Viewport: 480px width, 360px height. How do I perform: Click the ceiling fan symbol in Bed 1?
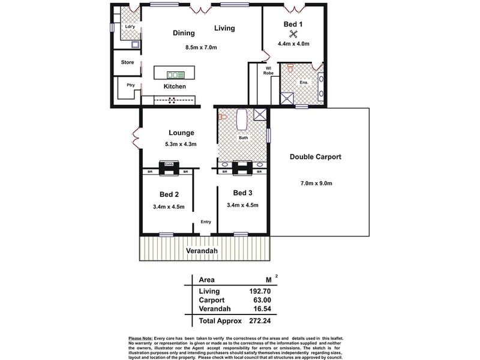point(293,34)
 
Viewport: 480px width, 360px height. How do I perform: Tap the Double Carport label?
point(316,157)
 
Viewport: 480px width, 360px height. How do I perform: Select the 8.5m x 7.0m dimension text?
point(201,47)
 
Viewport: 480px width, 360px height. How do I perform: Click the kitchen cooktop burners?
point(172,100)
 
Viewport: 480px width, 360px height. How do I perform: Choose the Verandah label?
point(202,251)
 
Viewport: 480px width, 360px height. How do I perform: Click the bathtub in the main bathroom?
point(242,119)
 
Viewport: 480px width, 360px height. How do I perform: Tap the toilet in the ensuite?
point(290,68)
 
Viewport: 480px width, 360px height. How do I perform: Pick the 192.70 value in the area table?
point(260,291)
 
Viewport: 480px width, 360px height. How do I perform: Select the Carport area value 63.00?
point(262,300)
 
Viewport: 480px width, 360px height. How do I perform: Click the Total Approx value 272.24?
point(260,321)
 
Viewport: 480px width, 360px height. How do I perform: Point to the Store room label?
point(127,62)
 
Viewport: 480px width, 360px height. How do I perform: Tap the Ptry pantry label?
point(131,85)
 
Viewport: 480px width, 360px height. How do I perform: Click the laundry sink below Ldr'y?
point(136,44)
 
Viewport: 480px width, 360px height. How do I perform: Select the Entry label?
point(206,221)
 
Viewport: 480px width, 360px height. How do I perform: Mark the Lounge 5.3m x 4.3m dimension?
point(181,144)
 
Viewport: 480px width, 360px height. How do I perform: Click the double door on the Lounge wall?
point(136,139)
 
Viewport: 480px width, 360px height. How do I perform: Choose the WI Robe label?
point(268,71)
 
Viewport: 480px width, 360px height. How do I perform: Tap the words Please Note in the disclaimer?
point(140,338)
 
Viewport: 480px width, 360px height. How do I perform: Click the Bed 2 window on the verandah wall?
point(166,235)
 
